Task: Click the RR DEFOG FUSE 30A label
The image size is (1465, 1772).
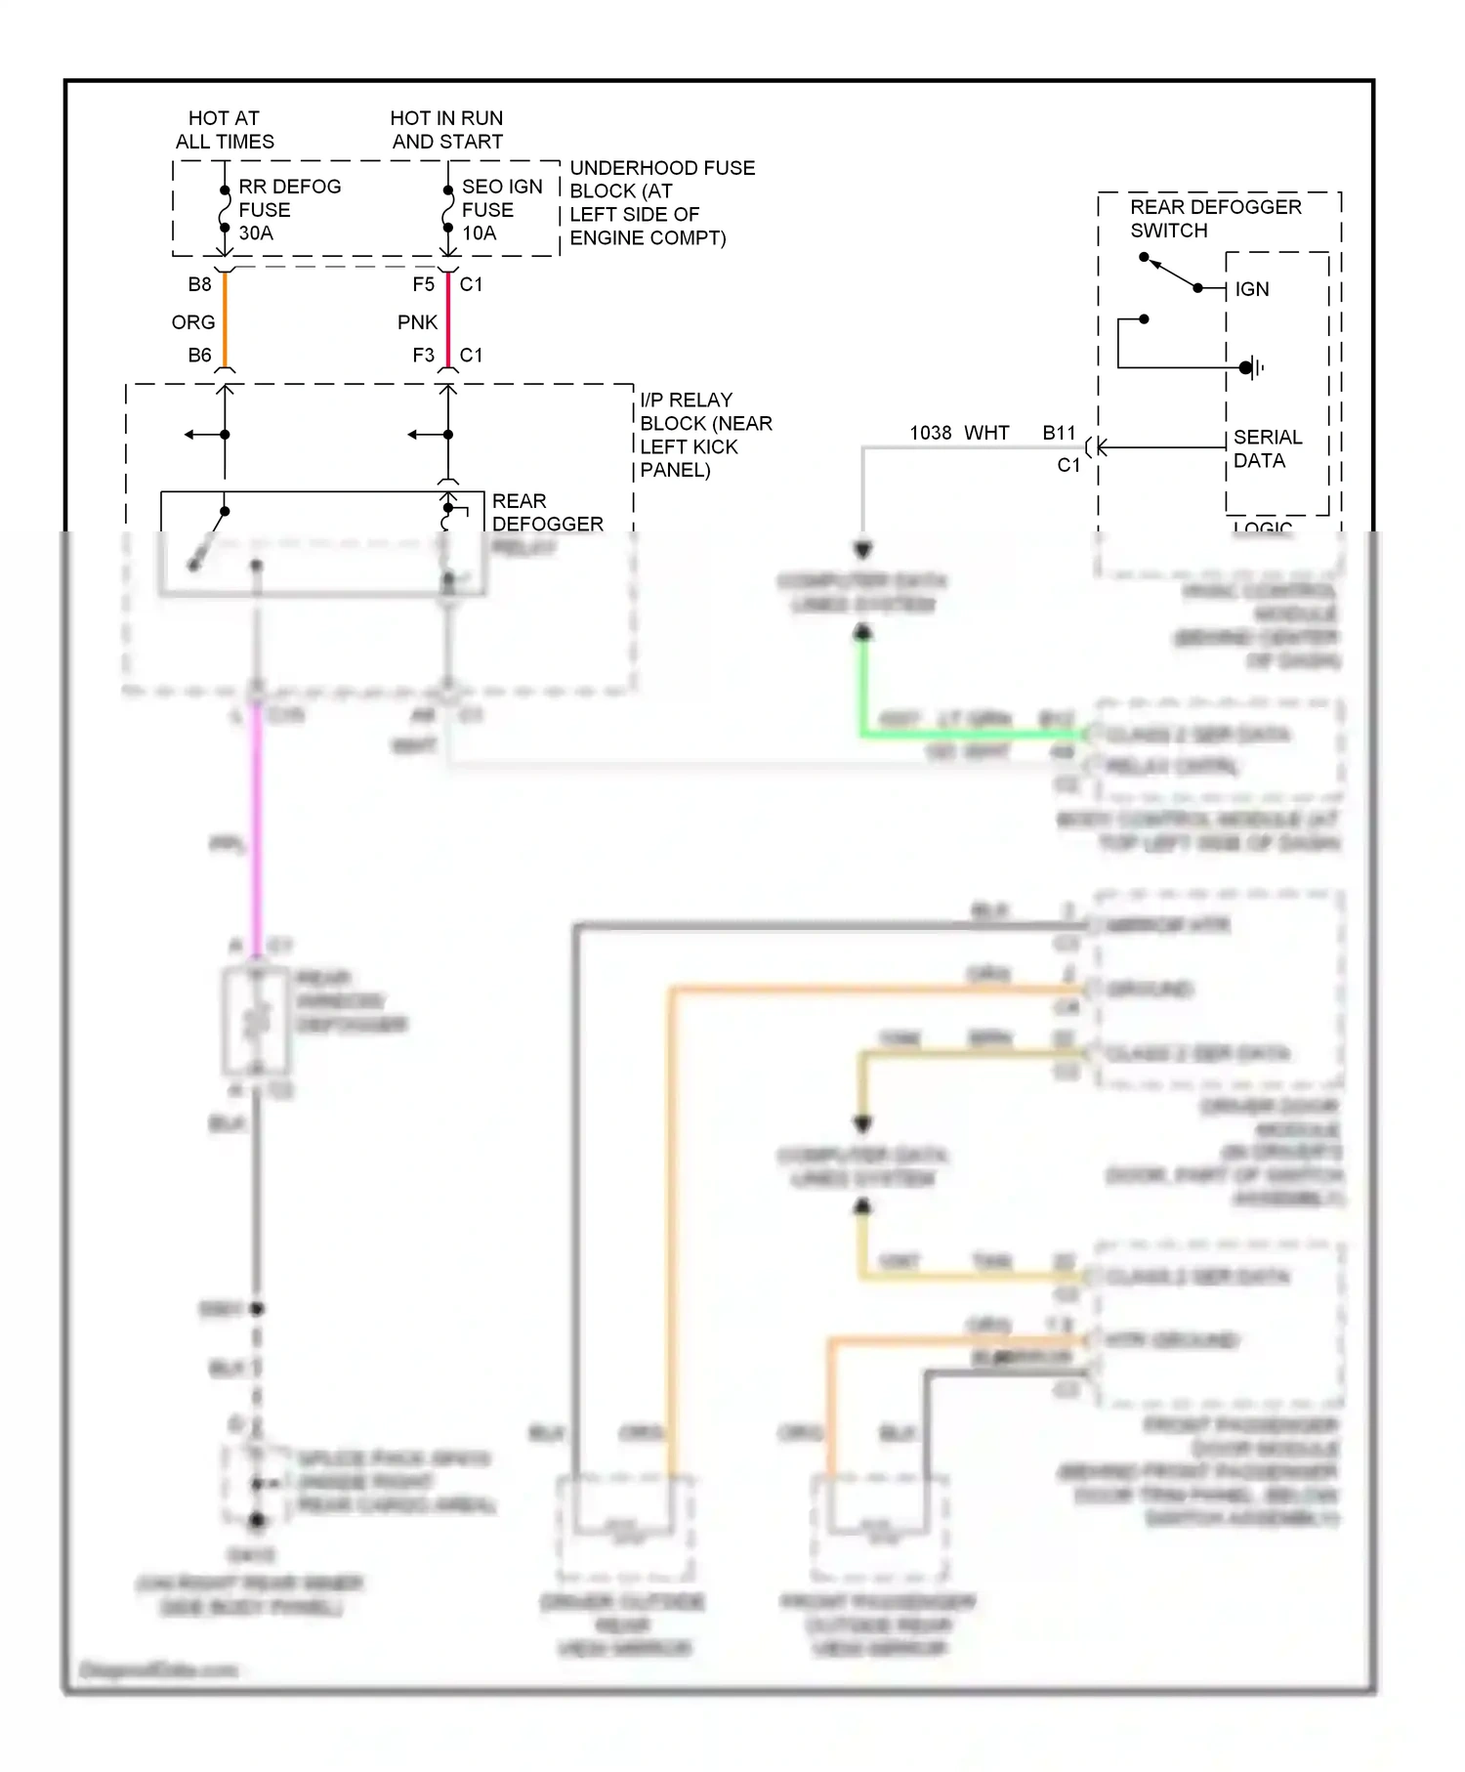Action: pyautogui.click(x=289, y=209)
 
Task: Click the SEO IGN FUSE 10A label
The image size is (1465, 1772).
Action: pyautogui.click(x=501, y=209)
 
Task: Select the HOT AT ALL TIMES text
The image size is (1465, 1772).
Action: pyautogui.click(x=225, y=130)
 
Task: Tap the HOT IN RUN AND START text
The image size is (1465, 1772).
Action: pyautogui.click(x=446, y=130)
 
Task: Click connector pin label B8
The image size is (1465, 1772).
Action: pyautogui.click(x=199, y=284)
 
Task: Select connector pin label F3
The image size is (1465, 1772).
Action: pyautogui.click(x=423, y=356)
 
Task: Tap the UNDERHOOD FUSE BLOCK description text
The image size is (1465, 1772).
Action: pyautogui.click(x=661, y=202)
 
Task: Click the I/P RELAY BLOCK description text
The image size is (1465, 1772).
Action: pyautogui.click(x=705, y=435)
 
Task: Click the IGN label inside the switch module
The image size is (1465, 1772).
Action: pyautogui.click(x=1251, y=289)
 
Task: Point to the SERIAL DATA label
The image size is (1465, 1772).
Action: pyautogui.click(x=1267, y=448)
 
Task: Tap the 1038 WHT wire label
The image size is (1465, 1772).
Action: pyautogui.click(x=959, y=433)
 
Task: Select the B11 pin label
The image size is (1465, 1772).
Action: pyautogui.click(x=1059, y=433)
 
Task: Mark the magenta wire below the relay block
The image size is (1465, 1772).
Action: pyautogui.click(x=257, y=830)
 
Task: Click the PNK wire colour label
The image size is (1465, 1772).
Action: pyautogui.click(x=417, y=322)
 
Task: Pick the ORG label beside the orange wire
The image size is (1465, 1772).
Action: pyautogui.click(x=193, y=322)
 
